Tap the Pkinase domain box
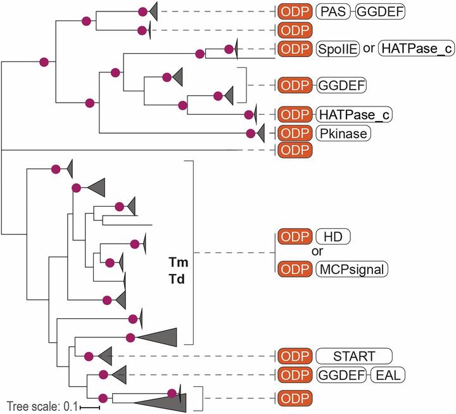pyautogui.click(x=343, y=133)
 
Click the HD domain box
pyautogui.click(x=333, y=236)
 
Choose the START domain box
pyautogui.click(x=354, y=356)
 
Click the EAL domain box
pyautogui.click(x=387, y=375)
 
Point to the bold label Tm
pyautogui.click(x=179, y=262)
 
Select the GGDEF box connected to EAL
pyautogui.click(x=341, y=375)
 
